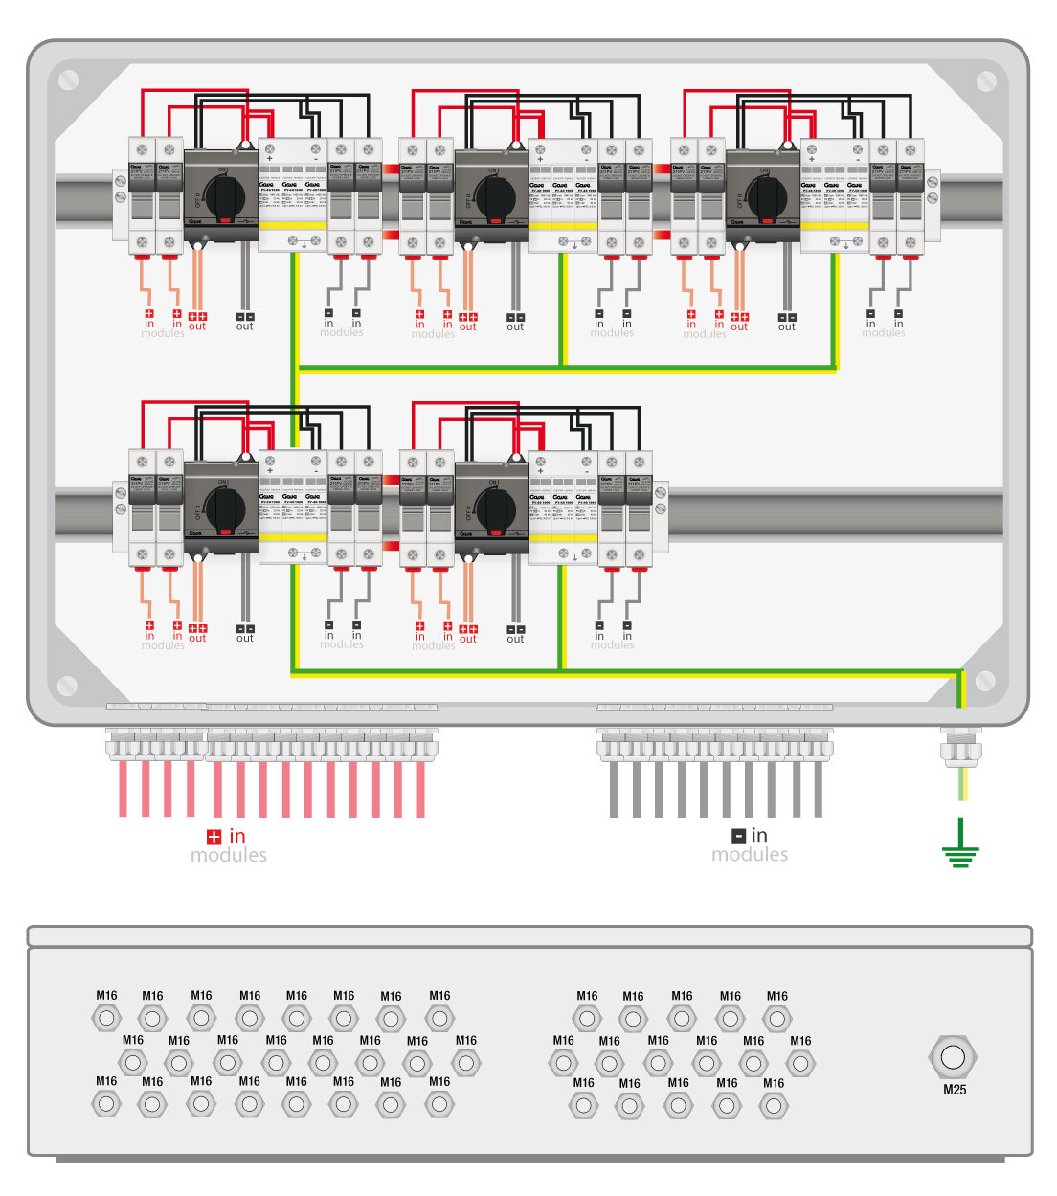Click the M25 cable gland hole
953,1057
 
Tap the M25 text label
955,1090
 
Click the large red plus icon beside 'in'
214,837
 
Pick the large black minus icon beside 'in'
738,836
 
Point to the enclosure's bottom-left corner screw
67,685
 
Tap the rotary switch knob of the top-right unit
767,196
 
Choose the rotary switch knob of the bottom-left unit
225,508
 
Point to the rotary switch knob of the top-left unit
225,196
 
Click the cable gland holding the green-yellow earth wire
960,746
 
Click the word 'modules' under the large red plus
229,855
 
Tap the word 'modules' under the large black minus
750,854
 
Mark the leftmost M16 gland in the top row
106,1018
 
